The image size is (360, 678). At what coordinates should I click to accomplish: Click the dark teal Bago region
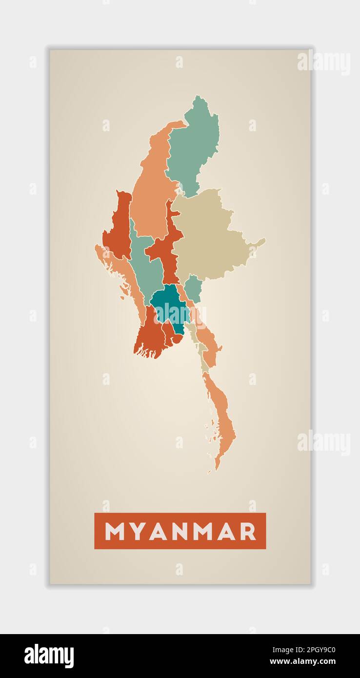tap(168, 305)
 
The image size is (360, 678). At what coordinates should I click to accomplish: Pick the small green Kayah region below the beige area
tap(193, 288)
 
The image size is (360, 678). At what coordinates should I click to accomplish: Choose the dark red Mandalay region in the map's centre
tap(166, 249)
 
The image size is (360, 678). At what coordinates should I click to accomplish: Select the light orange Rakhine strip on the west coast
tap(122, 273)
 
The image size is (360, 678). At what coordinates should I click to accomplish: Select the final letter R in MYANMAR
tap(248, 531)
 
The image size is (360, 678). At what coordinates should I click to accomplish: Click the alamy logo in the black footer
tap(49, 656)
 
